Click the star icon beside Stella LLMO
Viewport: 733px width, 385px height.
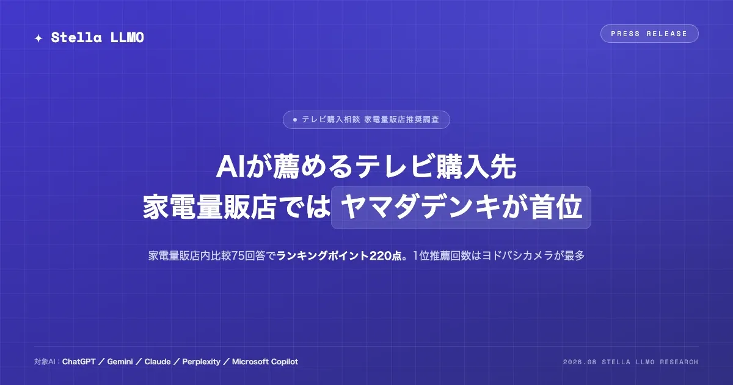pyautogui.click(x=38, y=38)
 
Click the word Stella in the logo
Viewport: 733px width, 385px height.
pyautogui.click(x=76, y=37)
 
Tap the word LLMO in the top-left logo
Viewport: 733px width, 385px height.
pyautogui.click(x=127, y=37)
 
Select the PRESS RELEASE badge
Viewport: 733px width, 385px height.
pyautogui.click(x=649, y=34)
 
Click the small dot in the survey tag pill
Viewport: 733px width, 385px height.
pyautogui.click(x=295, y=120)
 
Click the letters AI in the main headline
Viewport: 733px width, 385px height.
pyautogui.click(x=231, y=167)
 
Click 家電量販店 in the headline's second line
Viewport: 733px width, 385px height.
pyautogui.click(x=210, y=207)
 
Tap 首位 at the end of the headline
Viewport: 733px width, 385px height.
pyautogui.click(x=556, y=207)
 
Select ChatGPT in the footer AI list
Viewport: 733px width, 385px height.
pyautogui.click(x=79, y=362)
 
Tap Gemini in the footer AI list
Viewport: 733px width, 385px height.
pyautogui.click(x=120, y=362)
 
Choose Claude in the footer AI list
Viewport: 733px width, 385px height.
pyautogui.click(x=158, y=362)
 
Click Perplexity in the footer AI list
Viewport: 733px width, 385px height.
pyautogui.click(x=201, y=362)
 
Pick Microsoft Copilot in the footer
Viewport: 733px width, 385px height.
pyautogui.click(x=265, y=362)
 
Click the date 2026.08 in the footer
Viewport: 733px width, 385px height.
pyautogui.click(x=580, y=362)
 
